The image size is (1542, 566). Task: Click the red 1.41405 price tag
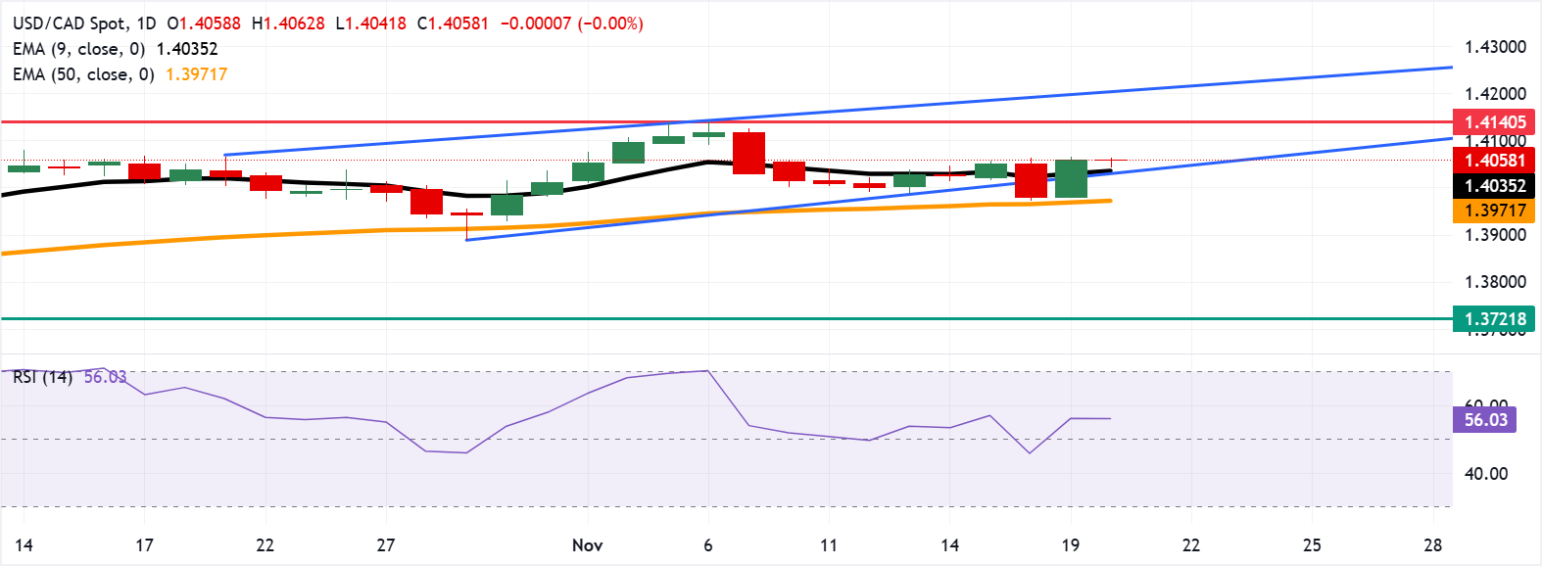coord(1494,122)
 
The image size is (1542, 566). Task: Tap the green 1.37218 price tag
coord(1494,319)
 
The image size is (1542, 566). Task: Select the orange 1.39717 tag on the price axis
coord(1494,211)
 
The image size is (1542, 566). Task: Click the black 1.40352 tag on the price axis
coord(1494,186)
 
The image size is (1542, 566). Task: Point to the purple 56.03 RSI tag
coord(1485,420)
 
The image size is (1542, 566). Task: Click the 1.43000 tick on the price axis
coord(1494,47)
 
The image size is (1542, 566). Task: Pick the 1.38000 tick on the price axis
coord(1494,282)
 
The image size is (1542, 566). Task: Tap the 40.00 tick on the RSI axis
coord(1485,474)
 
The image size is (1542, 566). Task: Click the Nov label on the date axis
coord(587,545)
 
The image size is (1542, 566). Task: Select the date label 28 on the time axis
coord(1432,545)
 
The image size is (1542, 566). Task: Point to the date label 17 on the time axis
coord(144,545)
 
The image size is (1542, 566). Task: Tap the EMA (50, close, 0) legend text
coord(83,74)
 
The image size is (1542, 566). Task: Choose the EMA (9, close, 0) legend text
coord(78,49)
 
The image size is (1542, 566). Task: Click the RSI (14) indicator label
coord(43,377)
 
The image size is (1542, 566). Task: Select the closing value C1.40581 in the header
coord(453,24)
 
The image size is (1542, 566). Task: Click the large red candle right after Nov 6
coord(748,153)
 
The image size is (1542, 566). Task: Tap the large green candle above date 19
coord(1071,178)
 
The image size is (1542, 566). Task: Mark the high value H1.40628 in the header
coord(288,24)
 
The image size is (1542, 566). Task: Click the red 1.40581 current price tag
coord(1494,161)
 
